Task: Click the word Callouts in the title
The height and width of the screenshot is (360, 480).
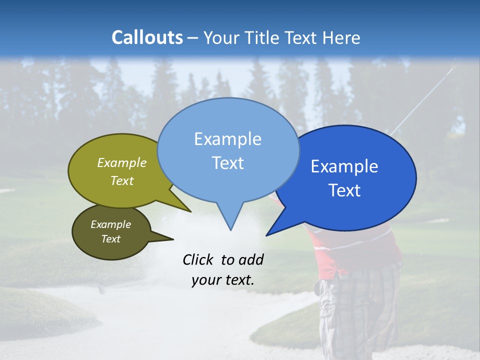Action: [x=147, y=37]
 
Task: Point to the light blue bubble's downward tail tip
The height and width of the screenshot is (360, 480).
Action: [x=230, y=230]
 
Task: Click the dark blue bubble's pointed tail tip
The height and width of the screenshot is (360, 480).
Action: [x=266, y=235]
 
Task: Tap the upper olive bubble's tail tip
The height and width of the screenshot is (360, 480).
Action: [x=190, y=211]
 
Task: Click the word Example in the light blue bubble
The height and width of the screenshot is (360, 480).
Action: [x=227, y=139]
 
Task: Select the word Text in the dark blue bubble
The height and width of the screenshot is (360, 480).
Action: [x=344, y=190]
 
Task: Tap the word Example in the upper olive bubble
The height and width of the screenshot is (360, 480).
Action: [x=122, y=163]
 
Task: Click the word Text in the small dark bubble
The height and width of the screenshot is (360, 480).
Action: [x=111, y=239]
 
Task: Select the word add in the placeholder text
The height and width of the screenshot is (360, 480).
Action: [x=251, y=259]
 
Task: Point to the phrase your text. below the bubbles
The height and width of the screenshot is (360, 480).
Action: [x=223, y=280]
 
